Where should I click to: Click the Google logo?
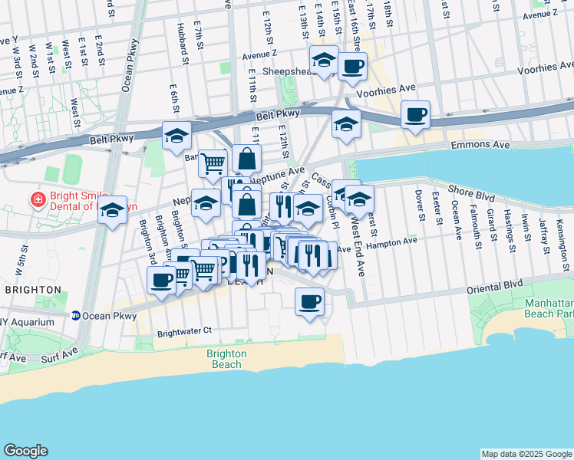point(26,451)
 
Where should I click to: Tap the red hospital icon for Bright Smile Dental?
point(36,200)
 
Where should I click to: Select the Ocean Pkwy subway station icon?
point(76,316)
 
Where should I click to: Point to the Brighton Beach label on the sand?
point(226,359)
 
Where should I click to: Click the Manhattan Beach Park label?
point(549,309)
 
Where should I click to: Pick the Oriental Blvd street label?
point(496,284)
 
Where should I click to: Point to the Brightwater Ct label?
point(183,332)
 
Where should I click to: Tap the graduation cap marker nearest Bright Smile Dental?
point(112,209)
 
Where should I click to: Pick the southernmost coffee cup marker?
point(309,301)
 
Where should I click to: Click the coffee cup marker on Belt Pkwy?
point(415,115)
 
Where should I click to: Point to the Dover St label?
point(419,205)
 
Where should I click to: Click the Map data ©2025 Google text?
point(526,454)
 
